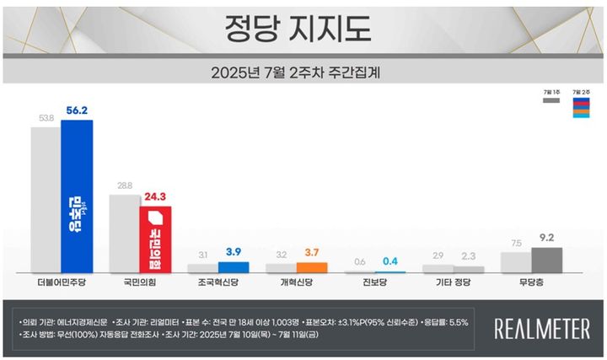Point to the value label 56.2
[77, 110]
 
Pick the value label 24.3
[155, 197]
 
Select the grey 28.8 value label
[124, 185]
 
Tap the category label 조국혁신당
[217, 284]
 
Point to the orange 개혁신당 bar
[311, 267]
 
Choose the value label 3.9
[234, 252]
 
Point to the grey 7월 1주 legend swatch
[552, 100]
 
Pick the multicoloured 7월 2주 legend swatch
[580, 106]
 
